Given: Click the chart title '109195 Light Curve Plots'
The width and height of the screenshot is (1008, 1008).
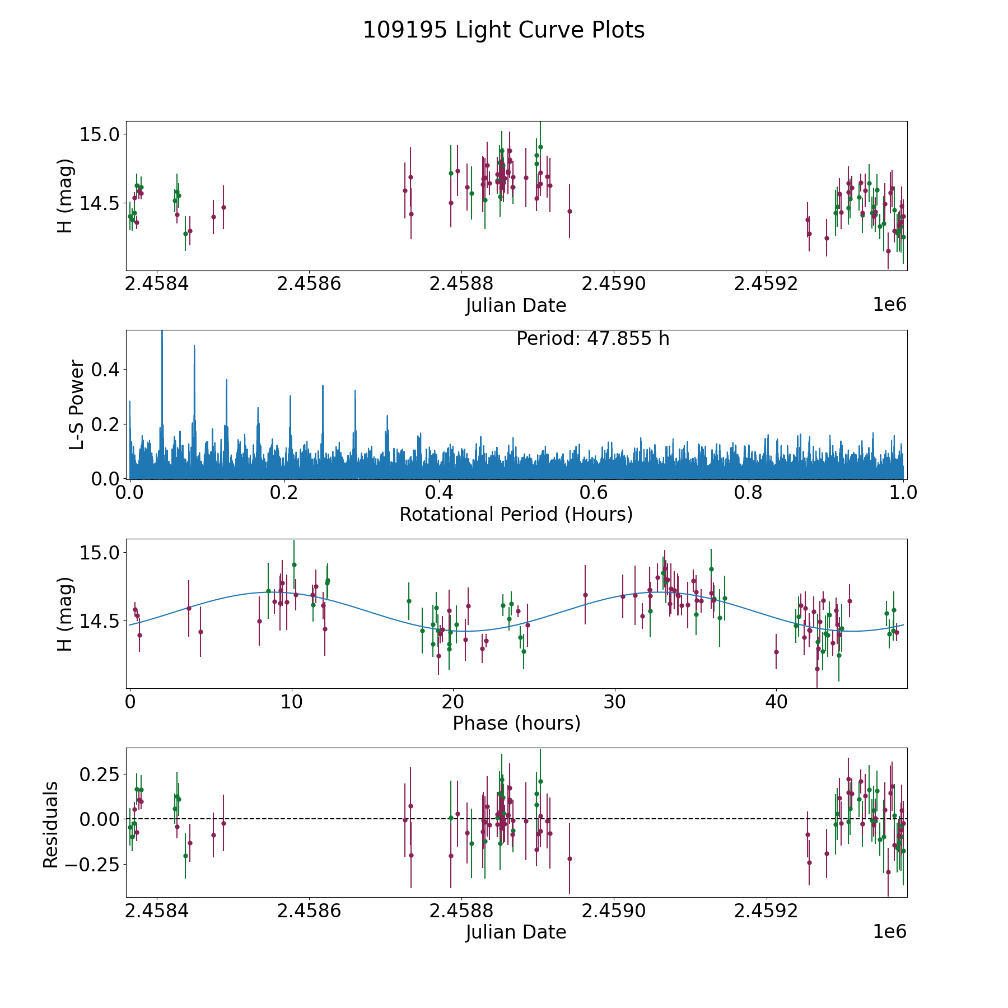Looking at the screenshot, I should click(503, 30).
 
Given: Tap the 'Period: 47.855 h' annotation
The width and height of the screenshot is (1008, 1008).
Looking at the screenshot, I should click(592, 339).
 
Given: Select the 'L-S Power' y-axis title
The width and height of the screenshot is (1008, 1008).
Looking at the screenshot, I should click(77, 404).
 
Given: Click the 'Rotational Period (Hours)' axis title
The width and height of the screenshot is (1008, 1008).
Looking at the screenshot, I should click(516, 514).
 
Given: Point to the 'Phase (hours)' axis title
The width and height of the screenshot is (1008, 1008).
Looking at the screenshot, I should click(516, 723).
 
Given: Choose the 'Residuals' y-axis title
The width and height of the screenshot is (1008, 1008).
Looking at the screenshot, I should click(51, 824).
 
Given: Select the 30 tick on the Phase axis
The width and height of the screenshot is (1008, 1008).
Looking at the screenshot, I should click(615, 702).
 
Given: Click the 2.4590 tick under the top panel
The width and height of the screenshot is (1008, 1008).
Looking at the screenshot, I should click(614, 284).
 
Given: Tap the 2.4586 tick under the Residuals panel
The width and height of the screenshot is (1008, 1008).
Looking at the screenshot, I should click(309, 911).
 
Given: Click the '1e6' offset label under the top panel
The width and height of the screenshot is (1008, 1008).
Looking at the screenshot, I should click(889, 305).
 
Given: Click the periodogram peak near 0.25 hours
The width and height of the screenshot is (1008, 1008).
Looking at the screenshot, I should click(323, 386).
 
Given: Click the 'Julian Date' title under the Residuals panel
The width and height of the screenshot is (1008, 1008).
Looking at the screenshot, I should click(516, 932).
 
